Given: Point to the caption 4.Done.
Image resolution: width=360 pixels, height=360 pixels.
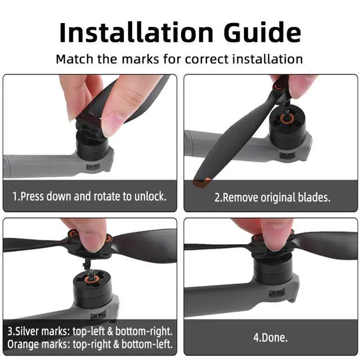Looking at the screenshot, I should (x=271, y=339).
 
